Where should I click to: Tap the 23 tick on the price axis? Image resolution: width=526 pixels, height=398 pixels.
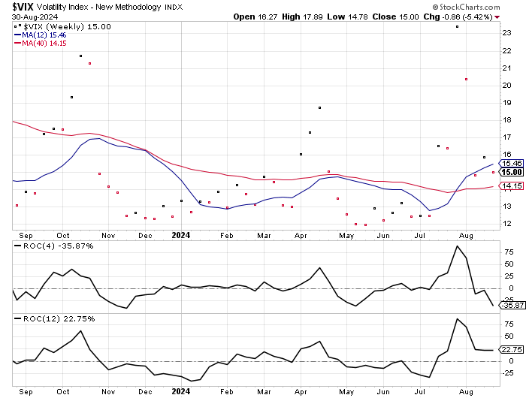point(507,32)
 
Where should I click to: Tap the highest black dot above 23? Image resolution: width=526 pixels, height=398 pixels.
point(457,26)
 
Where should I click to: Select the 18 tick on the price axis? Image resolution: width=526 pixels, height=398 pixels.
point(507,119)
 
